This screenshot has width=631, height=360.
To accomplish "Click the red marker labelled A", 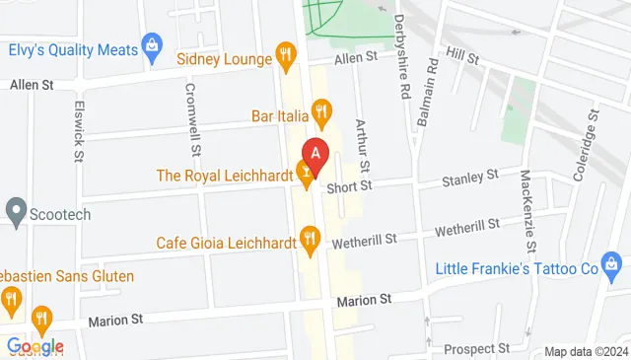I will (315, 154).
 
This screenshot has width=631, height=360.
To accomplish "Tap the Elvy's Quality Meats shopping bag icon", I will (152, 43).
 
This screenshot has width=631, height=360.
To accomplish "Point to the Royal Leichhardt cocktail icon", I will (306, 176).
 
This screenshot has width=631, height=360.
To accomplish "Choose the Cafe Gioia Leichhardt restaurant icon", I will (311, 236).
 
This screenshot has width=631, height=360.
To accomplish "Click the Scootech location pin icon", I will (15, 210).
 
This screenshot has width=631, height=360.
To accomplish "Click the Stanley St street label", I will (470, 178).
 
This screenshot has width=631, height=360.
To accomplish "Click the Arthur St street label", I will (362, 142).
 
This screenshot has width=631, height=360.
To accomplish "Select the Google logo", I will (35, 346).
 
